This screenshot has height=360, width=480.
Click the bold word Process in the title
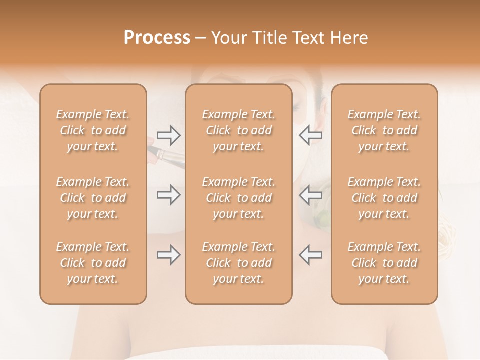pyautogui.click(x=157, y=38)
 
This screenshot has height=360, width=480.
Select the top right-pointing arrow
pyautogui.click(x=168, y=135)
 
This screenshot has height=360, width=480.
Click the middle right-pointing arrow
pyautogui.click(x=168, y=195)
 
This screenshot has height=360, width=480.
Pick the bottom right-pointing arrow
pyautogui.click(x=168, y=255)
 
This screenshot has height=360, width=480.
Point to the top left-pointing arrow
pyautogui.click(x=310, y=135)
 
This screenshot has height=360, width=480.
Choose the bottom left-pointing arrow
pyautogui.click(x=310, y=254)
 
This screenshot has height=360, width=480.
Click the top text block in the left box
pyautogui.click(x=93, y=130)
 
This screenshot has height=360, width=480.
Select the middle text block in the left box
pyautogui.click(x=93, y=198)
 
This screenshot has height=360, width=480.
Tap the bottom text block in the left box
pyautogui.click(x=93, y=263)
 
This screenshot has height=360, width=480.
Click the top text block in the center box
pyautogui.click(x=238, y=130)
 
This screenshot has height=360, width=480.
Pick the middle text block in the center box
pyautogui.click(x=238, y=198)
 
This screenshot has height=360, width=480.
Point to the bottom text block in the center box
pyautogui.click(x=238, y=263)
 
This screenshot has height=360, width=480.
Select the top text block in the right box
pyautogui.click(x=384, y=130)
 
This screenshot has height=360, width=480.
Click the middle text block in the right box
pyautogui.click(x=384, y=198)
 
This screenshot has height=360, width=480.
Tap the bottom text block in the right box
pyautogui.click(x=384, y=263)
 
